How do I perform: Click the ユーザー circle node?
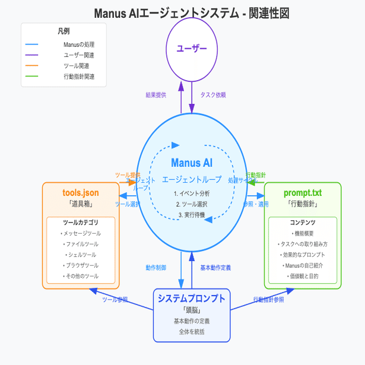(x=191, y=48)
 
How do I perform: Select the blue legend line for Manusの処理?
(x=32, y=45)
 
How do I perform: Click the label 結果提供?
(x=156, y=94)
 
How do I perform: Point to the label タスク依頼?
(x=213, y=94)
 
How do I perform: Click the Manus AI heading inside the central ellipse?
(x=191, y=163)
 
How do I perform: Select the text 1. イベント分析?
(x=191, y=193)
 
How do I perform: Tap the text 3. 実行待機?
(x=191, y=214)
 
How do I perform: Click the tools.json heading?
(x=81, y=193)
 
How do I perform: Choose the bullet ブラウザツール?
(x=81, y=265)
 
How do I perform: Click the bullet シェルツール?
(x=81, y=255)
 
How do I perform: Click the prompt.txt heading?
(x=302, y=193)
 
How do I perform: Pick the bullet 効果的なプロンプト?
(x=302, y=255)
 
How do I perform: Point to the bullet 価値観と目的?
(x=302, y=276)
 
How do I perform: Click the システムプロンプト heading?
(x=191, y=298)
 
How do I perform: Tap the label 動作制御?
(x=155, y=267)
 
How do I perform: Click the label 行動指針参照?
(x=268, y=300)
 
